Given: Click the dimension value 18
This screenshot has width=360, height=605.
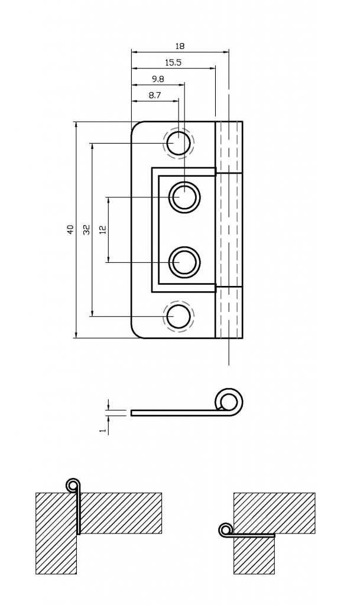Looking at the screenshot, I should coord(180,45).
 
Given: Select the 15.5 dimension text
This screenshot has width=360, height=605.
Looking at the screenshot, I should coord(173,61).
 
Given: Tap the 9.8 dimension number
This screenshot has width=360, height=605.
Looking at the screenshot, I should coord(158,78).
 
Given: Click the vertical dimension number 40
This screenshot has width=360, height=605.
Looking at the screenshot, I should coord(69,230).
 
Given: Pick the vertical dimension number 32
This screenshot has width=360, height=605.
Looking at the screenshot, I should coord(86,230).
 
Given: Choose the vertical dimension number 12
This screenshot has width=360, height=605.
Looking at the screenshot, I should coord(102,230).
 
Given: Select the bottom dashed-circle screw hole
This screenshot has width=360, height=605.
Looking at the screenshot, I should coord(178,316).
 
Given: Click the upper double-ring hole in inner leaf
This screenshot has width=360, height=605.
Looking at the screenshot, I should coord(185,196).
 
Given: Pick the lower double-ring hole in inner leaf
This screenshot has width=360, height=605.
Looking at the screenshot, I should coord(185,262).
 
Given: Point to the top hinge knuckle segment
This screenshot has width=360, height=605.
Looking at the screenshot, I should coord(229,147).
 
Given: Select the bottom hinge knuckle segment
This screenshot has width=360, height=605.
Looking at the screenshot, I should coord(229,313).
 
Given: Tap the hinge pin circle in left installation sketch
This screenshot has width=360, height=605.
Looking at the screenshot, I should coord(73,485).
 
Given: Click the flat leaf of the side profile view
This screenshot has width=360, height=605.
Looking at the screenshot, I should coord(171,412).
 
